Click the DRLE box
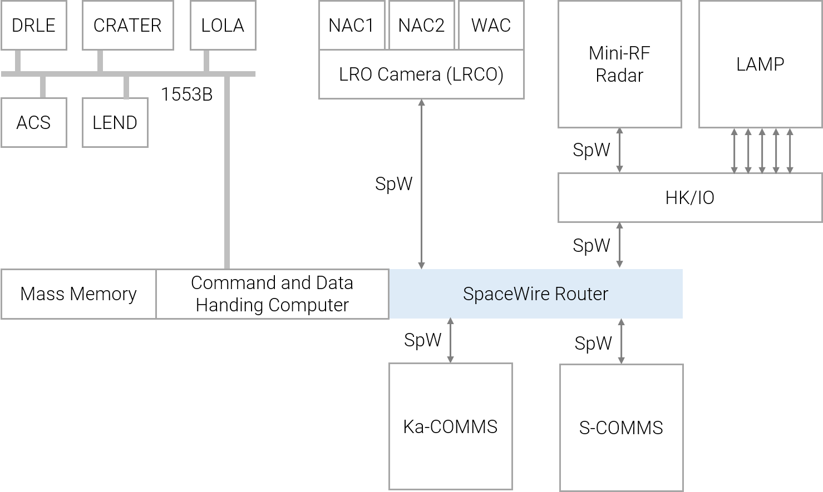point(33,26)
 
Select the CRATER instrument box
point(127,26)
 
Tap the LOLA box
point(223,26)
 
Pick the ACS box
point(33,123)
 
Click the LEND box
point(115,123)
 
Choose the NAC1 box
point(351,26)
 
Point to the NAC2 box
point(421,26)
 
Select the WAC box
point(491,26)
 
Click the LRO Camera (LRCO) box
point(421,74)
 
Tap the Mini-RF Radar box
point(619,64)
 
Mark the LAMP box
point(760,64)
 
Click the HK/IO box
point(689,198)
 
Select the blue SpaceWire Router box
point(535,294)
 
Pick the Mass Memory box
point(78,294)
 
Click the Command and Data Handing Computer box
point(272,294)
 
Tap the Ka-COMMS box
point(450,426)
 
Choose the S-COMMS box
point(621,428)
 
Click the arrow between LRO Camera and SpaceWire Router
point(422,184)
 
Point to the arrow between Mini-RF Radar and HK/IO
point(619,150)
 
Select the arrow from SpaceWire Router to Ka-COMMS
point(450,341)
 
